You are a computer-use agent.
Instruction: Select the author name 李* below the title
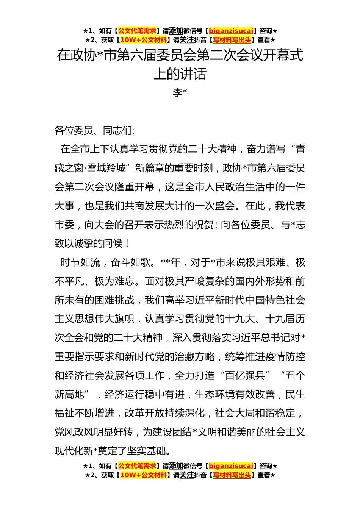[x=180, y=92]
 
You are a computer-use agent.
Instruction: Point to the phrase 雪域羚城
[x=106, y=168]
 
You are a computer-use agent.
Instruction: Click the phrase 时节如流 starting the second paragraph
[x=80, y=262]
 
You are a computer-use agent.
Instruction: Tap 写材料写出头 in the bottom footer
[x=232, y=475]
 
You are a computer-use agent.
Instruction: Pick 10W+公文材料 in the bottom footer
[x=143, y=475]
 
